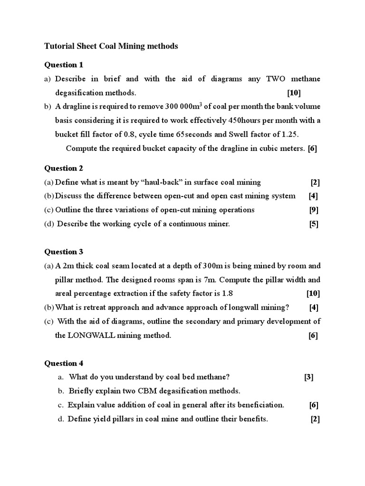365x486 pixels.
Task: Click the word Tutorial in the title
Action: pyautogui.click(x=59, y=46)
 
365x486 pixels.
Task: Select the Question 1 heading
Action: pyautogui.click(x=64, y=65)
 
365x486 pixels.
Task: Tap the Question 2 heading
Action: pyautogui.click(x=64, y=168)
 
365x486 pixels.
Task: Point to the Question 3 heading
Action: pyautogui.click(x=64, y=252)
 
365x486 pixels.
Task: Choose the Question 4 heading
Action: pyautogui.click(x=64, y=364)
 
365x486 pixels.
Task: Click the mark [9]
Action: pyautogui.click(x=314, y=210)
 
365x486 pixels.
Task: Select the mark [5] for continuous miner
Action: pyautogui.click(x=314, y=224)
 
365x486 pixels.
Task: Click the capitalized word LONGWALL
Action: pyautogui.click(x=89, y=336)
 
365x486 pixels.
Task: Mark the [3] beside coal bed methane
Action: pyautogui.click(x=309, y=377)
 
